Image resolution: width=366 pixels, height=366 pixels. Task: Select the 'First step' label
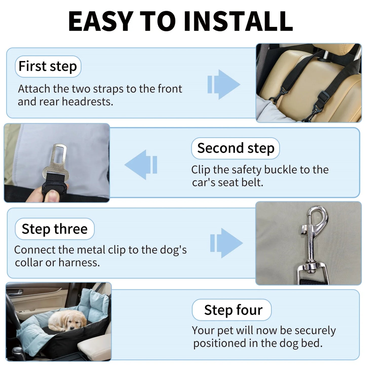click(x=48, y=66)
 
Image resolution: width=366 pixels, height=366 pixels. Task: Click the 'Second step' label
click(x=236, y=148)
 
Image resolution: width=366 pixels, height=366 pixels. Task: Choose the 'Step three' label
click(x=54, y=229)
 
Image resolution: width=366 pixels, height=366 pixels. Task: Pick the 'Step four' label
click(x=233, y=310)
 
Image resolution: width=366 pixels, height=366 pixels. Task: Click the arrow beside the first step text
click(x=223, y=84)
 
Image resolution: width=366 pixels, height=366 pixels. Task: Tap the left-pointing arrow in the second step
click(x=141, y=165)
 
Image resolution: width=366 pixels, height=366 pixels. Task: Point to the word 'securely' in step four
click(x=315, y=331)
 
